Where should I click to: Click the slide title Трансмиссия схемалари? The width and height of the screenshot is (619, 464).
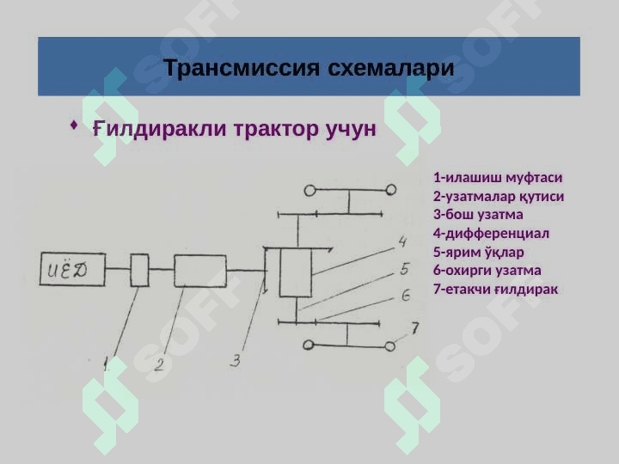pyautogui.click(x=309, y=67)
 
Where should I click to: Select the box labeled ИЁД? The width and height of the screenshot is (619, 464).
pyautogui.click(x=69, y=271)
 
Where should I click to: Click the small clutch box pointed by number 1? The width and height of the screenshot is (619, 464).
pyautogui.click(x=139, y=270)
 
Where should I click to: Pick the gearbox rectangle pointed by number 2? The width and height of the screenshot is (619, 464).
pyautogui.click(x=199, y=270)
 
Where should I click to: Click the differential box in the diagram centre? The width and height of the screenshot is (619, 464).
pyautogui.click(x=296, y=272)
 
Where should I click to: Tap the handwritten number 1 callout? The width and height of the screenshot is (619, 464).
pyautogui.click(x=106, y=363)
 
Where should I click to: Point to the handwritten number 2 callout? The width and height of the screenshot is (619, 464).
pyautogui.click(x=159, y=365)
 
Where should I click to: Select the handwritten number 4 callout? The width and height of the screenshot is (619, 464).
pyautogui.click(x=401, y=241)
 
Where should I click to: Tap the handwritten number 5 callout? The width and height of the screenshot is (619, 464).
pyautogui.click(x=404, y=270)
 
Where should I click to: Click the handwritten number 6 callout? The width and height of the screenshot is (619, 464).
pyautogui.click(x=405, y=296)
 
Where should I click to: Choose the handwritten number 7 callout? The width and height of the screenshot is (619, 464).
pyautogui.click(x=414, y=327)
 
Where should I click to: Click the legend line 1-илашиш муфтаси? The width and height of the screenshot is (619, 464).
pyautogui.click(x=498, y=178)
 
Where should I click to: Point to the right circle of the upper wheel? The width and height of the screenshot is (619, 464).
pyautogui.click(x=390, y=190)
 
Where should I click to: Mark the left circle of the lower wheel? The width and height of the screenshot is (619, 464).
pyautogui.click(x=307, y=345)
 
